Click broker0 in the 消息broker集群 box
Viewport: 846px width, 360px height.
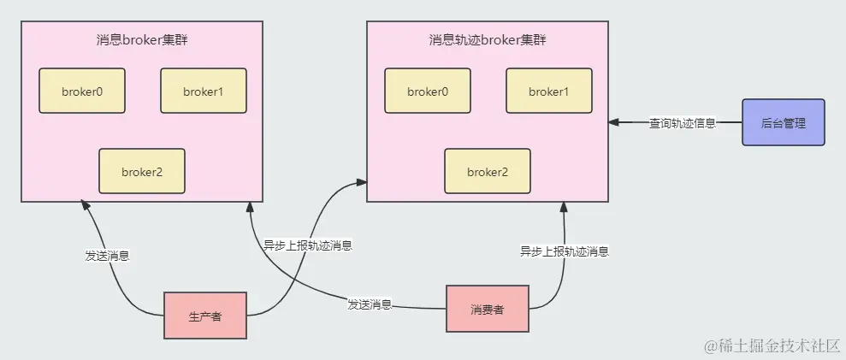pyautogui.click(x=82, y=91)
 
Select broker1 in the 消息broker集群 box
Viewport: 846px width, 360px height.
pyautogui.click(x=204, y=91)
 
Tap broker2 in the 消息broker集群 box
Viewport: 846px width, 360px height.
pyautogui.click(x=142, y=171)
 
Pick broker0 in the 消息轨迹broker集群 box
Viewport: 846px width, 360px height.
pyautogui.click(x=428, y=91)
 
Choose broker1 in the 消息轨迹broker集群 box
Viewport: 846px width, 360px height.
pyautogui.click(x=549, y=91)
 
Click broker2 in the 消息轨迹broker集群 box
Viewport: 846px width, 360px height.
pyautogui.click(x=488, y=171)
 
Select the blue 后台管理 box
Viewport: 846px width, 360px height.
pyautogui.click(x=784, y=123)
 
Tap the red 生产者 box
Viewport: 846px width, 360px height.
pyautogui.click(x=205, y=316)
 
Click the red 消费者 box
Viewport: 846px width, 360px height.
pyautogui.click(x=488, y=309)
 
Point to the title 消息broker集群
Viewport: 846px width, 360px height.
pyautogui.click(x=142, y=40)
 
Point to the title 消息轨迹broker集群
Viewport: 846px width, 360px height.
pyautogui.click(x=488, y=40)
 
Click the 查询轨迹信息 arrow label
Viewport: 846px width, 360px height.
pyautogui.click(x=683, y=123)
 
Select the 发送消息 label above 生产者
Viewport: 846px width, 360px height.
pyautogui.click(x=108, y=255)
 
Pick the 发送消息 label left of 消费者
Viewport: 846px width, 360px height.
pyautogui.click(x=370, y=304)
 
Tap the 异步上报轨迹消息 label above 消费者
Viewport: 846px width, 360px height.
pyautogui.click(x=565, y=251)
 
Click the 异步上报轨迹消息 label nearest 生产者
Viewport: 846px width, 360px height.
pyautogui.click(x=308, y=245)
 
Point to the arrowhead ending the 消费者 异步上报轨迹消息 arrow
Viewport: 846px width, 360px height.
pyautogui.click(x=565, y=207)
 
